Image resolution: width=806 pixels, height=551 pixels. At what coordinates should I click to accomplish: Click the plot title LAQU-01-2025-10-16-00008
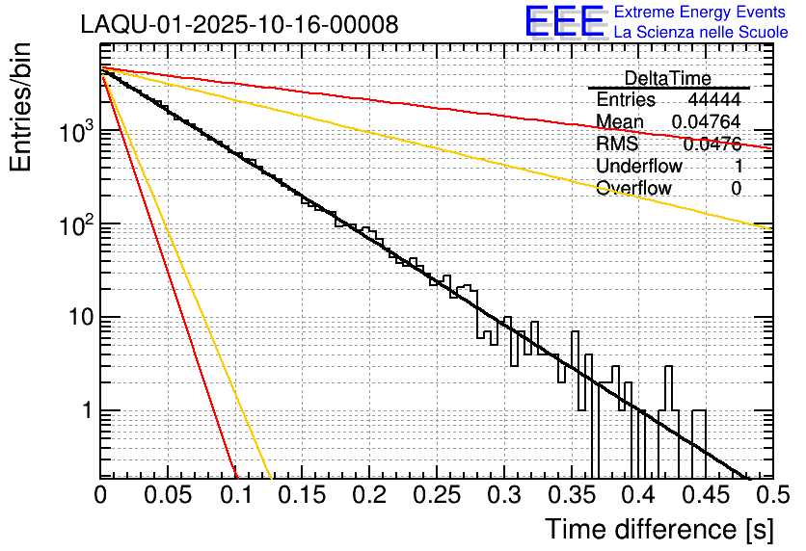click(x=239, y=24)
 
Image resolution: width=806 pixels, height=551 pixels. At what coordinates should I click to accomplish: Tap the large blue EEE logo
click(x=564, y=21)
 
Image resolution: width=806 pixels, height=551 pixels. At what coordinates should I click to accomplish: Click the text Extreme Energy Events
click(x=700, y=12)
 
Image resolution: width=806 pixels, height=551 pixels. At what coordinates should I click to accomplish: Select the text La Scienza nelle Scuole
click(x=701, y=32)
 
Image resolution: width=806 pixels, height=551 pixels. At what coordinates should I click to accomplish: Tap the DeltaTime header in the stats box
click(x=667, y=78)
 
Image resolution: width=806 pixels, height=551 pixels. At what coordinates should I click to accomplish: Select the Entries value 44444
click(x=714, y=100)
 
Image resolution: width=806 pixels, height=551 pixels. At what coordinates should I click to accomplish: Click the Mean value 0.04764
click(x=708, y=121)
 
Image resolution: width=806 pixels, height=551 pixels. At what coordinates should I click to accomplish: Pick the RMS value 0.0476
click(x=712, y=144)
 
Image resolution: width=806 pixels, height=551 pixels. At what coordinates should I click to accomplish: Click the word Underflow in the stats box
click(x=639, y=166)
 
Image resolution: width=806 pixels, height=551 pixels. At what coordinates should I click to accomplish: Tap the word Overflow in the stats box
click(x=633, y=188)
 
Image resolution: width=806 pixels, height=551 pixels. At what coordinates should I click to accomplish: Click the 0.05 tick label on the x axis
click(x=168, y=495)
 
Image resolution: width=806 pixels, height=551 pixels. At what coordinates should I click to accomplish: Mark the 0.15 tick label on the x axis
click(x=303, y=495)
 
